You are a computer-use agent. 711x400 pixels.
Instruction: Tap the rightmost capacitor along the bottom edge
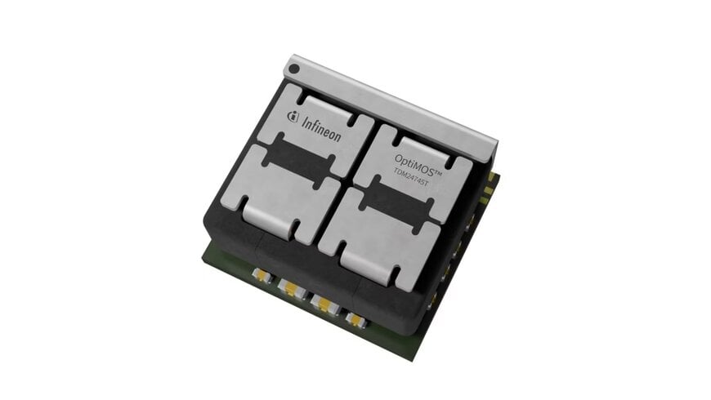click(355, 316)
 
